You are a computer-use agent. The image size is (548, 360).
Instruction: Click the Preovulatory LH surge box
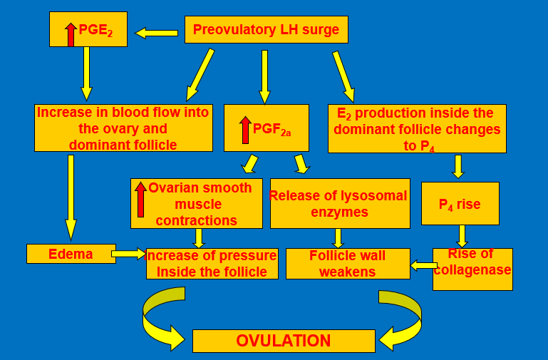tap(267, 30)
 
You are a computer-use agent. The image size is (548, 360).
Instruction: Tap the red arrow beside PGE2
tap(71, 34)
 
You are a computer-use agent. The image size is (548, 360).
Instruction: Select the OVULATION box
tap(284, 341)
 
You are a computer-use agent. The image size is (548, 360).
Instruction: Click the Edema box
tap(71, 254)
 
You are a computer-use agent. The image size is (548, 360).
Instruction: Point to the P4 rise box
tap(460, 204)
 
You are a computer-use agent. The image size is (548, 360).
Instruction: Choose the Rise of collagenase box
tap(472, 269)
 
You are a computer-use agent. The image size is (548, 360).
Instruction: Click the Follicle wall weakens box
tap(348, 263)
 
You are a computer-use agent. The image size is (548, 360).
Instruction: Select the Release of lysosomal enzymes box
tap(338, 203)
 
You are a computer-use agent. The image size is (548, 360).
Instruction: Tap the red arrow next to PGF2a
tap(245, 130)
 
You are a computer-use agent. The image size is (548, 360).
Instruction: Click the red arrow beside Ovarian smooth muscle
tap(140, 200)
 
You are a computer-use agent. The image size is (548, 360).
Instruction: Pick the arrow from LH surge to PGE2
tap(156, 33)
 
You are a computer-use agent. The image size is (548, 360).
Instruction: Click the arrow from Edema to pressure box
tap(129, 253)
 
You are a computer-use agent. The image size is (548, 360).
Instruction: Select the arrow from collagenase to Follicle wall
tap(424, 266)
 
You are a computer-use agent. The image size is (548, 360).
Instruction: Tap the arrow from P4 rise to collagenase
tap(462, 236)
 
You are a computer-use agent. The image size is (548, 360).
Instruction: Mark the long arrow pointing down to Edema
tap(71, 197)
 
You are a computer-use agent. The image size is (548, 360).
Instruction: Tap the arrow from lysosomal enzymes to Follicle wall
tap(338, 238)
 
